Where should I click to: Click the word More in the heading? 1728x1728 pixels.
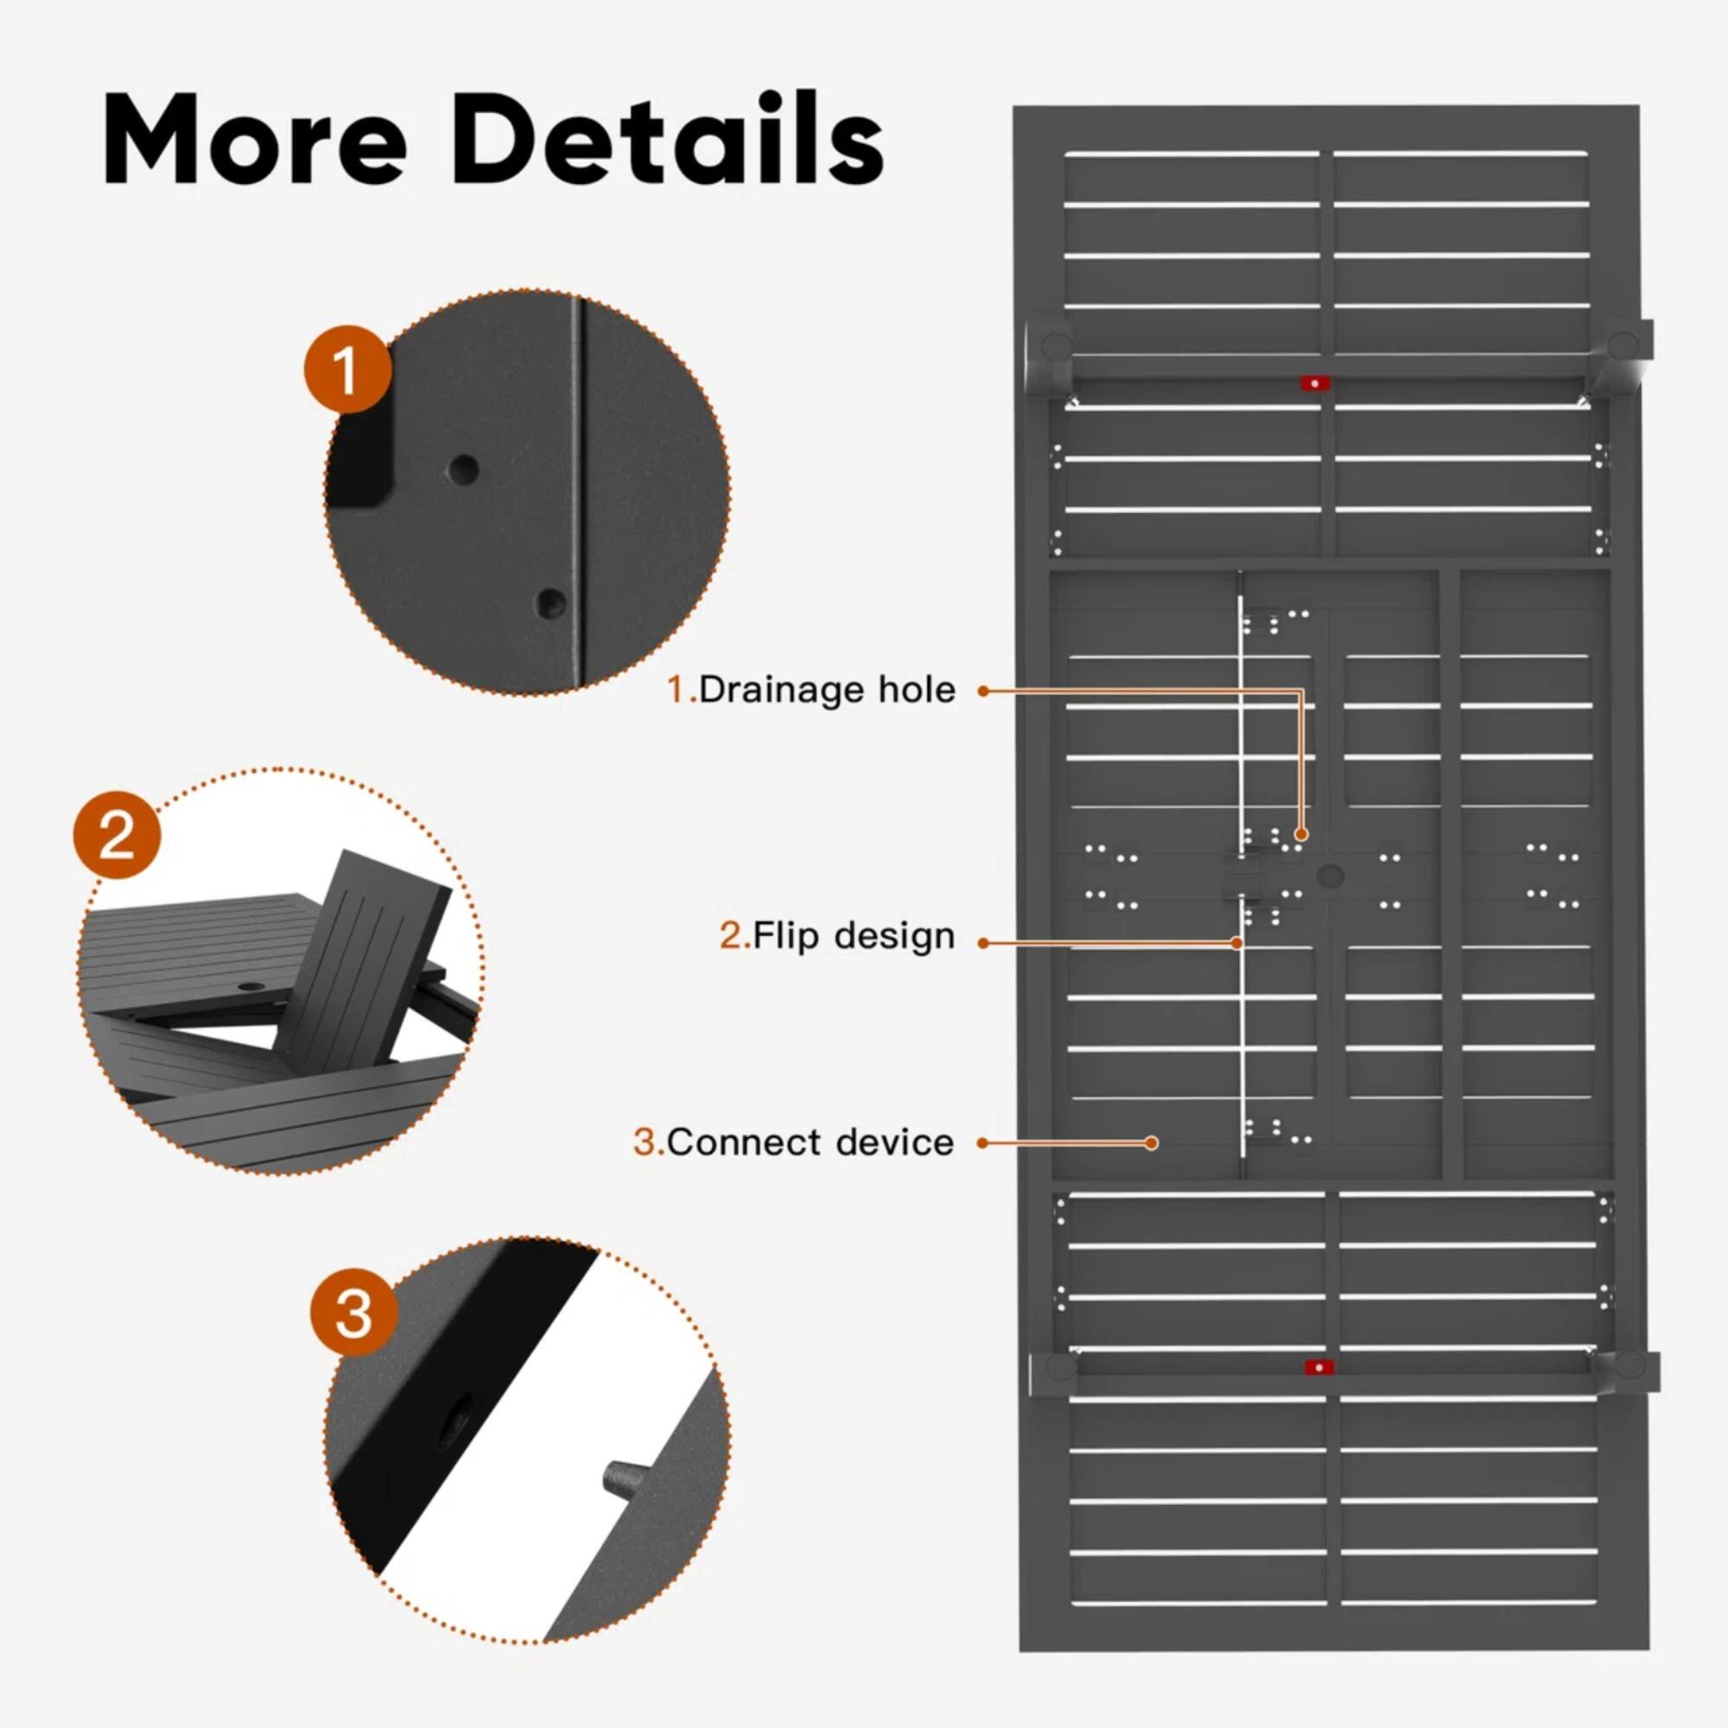point(255,142)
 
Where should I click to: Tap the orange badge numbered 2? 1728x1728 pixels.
point(118,835)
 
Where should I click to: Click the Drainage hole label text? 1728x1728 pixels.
point(827,689)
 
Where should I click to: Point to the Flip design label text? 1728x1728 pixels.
point(854,936)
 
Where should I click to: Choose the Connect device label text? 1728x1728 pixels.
point(810,1142)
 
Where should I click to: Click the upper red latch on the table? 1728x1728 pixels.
point(1315,383)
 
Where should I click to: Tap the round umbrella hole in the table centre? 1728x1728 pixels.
point(1330,875)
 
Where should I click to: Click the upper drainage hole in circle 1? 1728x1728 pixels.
point(463,469)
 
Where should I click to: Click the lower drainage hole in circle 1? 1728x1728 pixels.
point(551,603)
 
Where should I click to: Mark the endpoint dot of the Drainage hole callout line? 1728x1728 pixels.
point(1301,834)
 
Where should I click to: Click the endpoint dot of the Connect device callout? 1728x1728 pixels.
point(1153,1142)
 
